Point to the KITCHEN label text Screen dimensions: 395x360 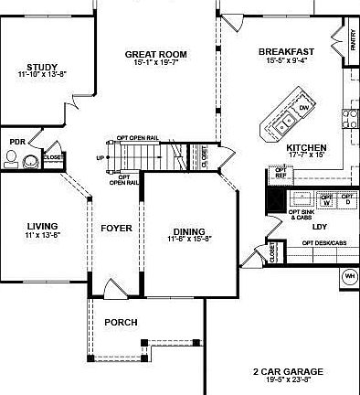click(x=305, y=147)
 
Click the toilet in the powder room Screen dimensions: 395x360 click(x=12, y=161)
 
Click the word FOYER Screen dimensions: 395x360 click(x=116, y=227)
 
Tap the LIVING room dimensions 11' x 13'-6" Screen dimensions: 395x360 click(x=42, y=235)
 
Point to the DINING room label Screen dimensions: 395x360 click(x=189, y=230)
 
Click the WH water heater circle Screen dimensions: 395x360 click(x=348, y=276)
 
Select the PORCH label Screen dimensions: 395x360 click(x=121, y=322)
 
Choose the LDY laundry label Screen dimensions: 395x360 click(x=319, y=226)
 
